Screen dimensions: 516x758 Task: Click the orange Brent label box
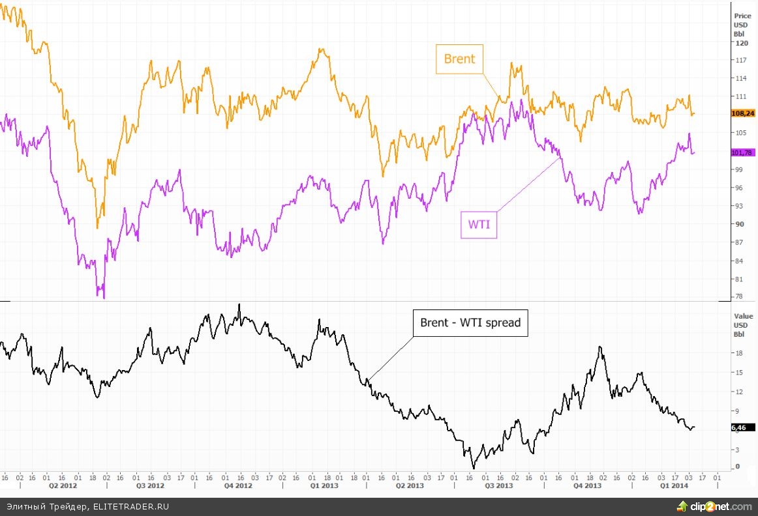tap(460, 59)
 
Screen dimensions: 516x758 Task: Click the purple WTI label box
tap(479, 225)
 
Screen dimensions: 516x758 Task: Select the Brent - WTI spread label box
tap(470, 322)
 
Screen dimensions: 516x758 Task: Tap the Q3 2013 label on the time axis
tap(499, 486)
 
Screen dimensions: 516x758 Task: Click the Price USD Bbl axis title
tap(742, 24)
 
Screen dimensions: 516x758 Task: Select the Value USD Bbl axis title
tap(743, 324)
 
